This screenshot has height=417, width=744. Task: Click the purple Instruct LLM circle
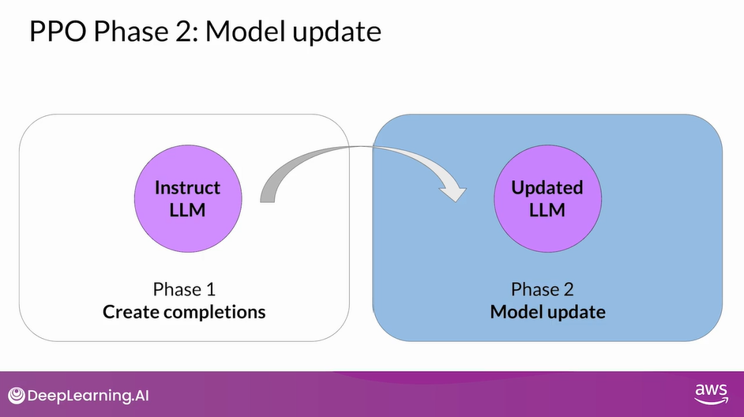187,198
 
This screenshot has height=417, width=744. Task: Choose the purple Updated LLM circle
547,198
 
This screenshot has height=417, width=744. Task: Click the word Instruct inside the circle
187,188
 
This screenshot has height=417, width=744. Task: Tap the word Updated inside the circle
547,188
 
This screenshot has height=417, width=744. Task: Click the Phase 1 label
184,289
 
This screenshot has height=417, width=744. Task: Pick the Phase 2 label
547,289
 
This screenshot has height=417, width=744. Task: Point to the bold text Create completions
184,311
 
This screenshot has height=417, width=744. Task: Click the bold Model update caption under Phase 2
547,311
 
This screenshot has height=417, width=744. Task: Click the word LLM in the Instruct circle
187,209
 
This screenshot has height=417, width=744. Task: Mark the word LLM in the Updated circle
547,209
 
